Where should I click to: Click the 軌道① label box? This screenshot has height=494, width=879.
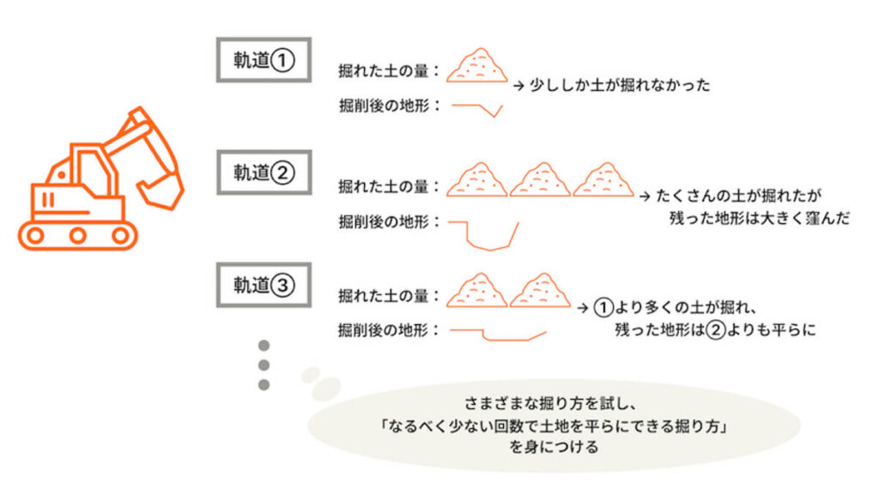tap(264, 60)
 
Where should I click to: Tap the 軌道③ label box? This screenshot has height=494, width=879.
tap(264, 285)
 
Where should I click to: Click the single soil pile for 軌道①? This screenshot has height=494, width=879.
tap(476, 65)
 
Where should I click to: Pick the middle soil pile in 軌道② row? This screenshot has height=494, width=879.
tap(540, 179)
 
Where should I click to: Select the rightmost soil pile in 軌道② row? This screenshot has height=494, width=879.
tap(603, 179)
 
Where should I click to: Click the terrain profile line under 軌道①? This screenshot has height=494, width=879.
tap(476, 109)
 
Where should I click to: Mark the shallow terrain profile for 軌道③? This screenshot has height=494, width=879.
tap(498, 334)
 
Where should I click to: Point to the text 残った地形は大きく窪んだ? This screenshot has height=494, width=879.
tap(759, 218)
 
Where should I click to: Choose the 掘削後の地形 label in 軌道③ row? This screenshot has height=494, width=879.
tap(388, 329)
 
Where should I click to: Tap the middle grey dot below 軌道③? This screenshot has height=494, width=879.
tap(264, 364)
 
